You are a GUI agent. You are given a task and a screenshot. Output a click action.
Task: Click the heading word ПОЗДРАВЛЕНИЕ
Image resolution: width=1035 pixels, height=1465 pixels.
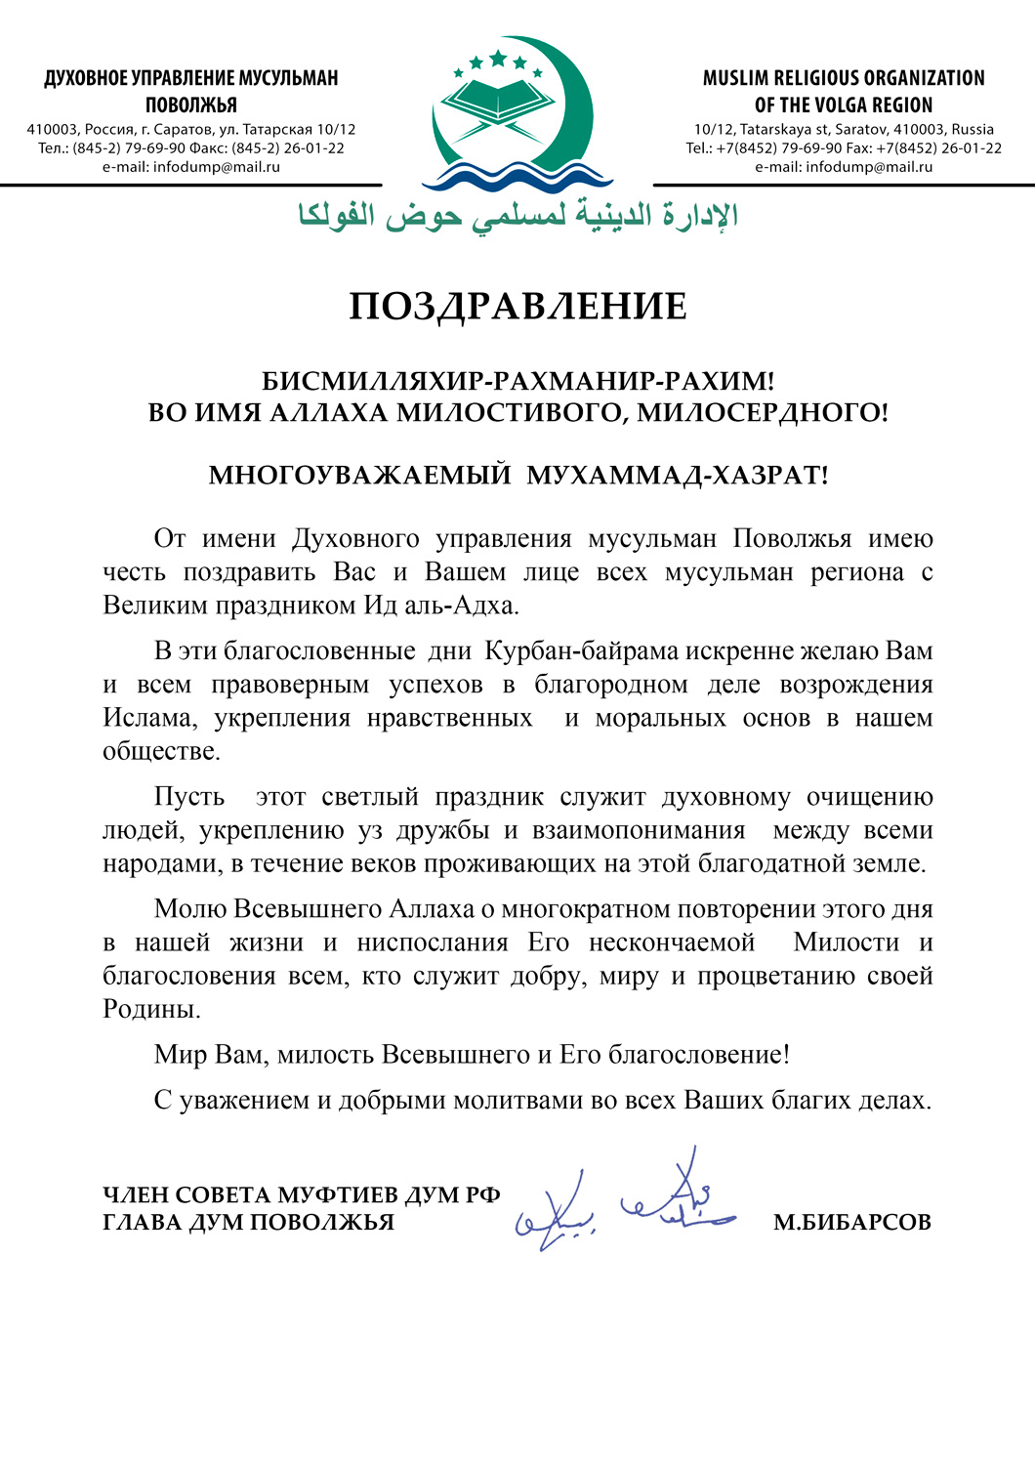click(517, 307)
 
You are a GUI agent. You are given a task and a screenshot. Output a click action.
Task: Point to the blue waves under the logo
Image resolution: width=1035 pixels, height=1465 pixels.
click(517, 177)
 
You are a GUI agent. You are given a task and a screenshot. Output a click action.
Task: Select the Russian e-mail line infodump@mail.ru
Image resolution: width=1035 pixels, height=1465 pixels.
click(191, 167)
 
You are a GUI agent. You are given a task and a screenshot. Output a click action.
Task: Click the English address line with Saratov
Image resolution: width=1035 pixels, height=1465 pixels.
click(844, 130)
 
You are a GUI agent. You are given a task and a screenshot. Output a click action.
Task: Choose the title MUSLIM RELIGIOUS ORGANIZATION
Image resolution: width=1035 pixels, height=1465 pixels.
click(844, 78)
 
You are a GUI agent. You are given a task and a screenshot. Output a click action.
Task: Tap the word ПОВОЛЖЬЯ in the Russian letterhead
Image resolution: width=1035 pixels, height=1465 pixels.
click(191, 105)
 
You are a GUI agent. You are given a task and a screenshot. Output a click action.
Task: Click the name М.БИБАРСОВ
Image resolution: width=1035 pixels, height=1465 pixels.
click(851, 1222)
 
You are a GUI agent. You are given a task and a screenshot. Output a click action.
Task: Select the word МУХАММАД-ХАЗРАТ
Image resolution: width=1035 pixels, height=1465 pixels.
click(677, 476)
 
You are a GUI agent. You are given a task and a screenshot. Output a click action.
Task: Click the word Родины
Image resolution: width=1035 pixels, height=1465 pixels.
click(151, 1010)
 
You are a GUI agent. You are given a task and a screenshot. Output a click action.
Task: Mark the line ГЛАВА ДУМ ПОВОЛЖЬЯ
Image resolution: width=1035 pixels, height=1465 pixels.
click(248, 1223)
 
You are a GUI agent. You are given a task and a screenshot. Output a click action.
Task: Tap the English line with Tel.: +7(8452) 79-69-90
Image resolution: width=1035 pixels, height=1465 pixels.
click(844, 148)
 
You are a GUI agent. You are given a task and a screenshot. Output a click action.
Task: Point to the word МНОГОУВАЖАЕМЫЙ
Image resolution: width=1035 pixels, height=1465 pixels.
click(359, 476)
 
